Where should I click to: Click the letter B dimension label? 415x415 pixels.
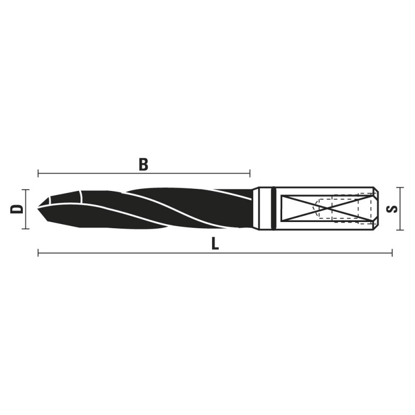[x=144, y=164]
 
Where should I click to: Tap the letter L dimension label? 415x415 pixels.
[x=215, y=243]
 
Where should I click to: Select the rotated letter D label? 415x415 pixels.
[x=17, y=209]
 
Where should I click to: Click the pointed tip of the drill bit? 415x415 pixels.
[x=38, y=208]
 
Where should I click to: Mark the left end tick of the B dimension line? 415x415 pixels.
[x=38, y=174]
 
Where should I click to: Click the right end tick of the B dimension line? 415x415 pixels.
[x=250, y=174]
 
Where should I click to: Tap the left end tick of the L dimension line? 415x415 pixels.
[x=38, y=253]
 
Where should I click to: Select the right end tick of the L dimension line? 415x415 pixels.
[x=392, y=253]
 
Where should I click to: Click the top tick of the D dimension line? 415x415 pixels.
[x=25, y=189]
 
